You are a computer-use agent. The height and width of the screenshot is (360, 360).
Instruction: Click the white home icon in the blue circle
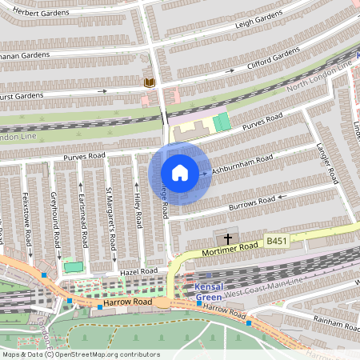[x=180, y=173]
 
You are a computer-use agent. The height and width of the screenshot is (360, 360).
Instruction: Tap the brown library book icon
[x=148, y=82]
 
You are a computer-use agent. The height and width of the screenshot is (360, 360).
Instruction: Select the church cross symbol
[x=228, y=238]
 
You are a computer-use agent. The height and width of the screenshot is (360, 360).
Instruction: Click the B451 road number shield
[x=276, y=240]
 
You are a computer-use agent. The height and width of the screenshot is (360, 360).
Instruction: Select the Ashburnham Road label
[x=242, y=164]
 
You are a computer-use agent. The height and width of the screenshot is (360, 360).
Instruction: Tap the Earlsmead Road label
[x=82, y=212]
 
